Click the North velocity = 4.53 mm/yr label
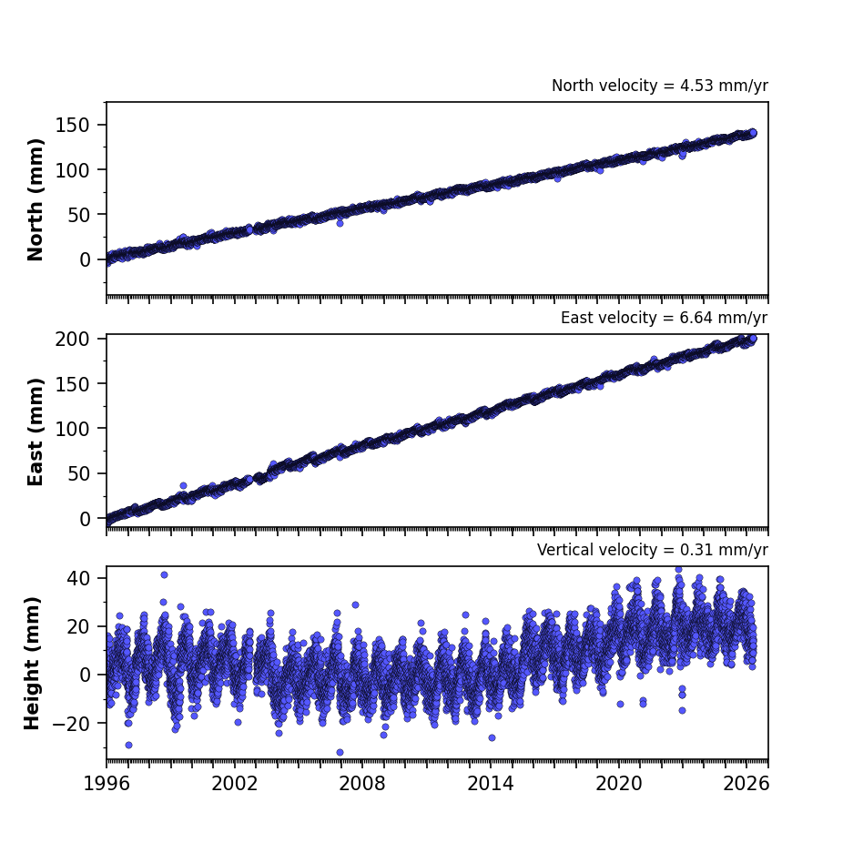660,86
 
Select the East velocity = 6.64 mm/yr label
665,318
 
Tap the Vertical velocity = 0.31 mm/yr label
652,550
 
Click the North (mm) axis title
35,199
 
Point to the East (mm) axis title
35,432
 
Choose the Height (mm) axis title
32,663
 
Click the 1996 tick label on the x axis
107,784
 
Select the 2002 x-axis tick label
235,784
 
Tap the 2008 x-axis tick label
362,784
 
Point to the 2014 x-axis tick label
491,784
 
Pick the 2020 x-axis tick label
618,784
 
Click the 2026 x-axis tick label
746,784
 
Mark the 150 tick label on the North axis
72,125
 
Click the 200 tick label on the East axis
72,339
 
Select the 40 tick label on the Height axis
78,578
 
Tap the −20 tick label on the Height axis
71,723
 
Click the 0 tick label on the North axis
85,259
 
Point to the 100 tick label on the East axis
72,429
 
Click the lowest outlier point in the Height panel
340,752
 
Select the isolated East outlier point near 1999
183,486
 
